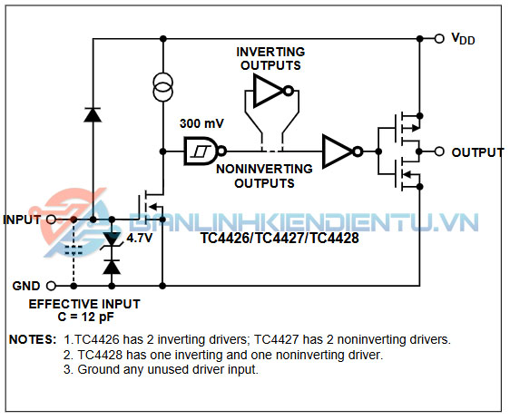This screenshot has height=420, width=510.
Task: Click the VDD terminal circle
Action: [439, 39]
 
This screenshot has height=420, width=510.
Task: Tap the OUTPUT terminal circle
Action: [439, 151]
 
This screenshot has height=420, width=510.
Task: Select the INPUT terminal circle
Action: [51, 220]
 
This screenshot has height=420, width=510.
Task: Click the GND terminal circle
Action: [51, 286]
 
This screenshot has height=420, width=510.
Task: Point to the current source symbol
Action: [163, 87]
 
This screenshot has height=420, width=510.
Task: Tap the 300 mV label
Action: [201, 123]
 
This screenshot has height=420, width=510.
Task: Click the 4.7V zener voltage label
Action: [139, 239]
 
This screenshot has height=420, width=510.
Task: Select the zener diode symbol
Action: [112, 239]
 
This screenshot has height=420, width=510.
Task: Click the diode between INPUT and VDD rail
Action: [93, 115]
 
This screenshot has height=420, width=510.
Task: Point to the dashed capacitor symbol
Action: [74, 250]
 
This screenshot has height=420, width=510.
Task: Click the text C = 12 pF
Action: [86, 317]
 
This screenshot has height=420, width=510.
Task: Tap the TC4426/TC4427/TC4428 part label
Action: [280, 239]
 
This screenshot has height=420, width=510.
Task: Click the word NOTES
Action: [33, 339]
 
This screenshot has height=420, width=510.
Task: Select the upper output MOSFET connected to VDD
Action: [407, 128]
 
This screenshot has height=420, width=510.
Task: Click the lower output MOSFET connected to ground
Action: [407, 175]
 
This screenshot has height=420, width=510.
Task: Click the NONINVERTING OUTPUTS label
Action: [264, 176]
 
